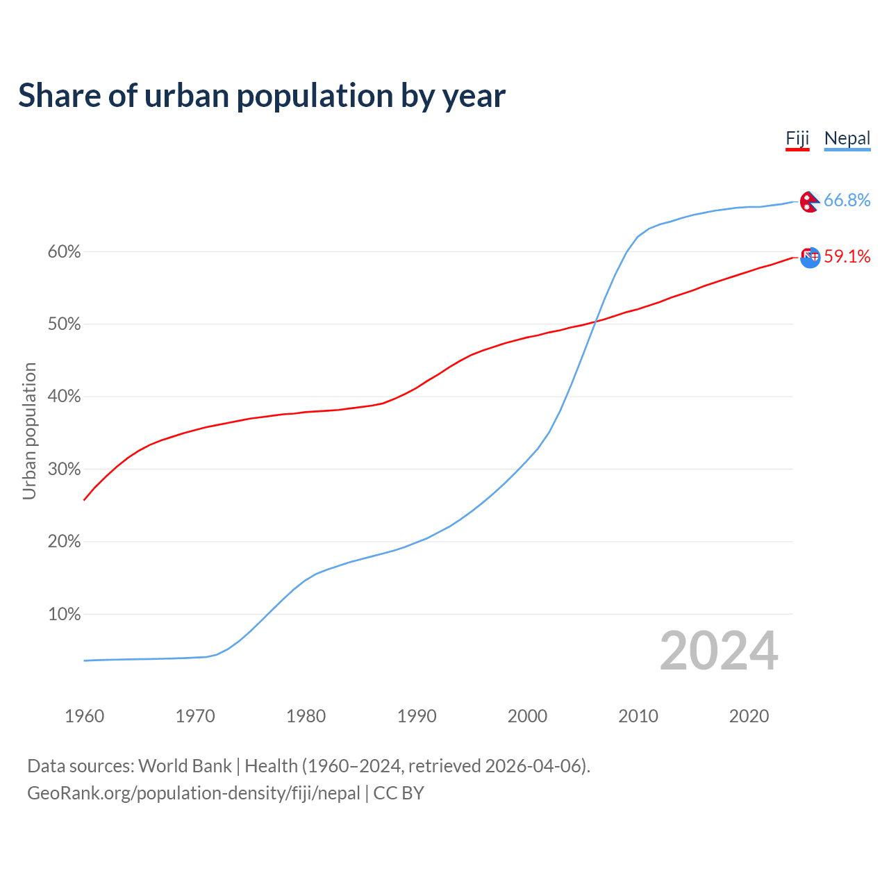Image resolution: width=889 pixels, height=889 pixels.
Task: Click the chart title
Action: (x=262, y=95)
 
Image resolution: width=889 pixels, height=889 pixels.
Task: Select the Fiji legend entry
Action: (x=797, y=138)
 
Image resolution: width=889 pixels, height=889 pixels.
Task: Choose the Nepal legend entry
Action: (x=847, y=138)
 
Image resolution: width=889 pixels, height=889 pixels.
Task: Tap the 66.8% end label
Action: (x=847, y=200)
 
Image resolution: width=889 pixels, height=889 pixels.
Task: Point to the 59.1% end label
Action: (x=847, y=256)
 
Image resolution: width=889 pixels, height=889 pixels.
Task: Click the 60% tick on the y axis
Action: (x=64, y=251)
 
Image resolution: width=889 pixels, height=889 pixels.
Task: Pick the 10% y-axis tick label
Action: (x=64, y=614)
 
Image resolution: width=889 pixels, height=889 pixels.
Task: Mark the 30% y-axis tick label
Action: (x=64, y=469)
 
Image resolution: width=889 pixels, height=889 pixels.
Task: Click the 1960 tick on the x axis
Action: (x=84, y=716)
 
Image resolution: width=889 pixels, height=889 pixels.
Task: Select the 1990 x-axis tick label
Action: (x=417, y=716)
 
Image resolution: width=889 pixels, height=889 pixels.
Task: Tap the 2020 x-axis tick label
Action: (x=749, y=716)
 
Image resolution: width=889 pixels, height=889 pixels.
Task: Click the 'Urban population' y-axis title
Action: (x=29, y=431)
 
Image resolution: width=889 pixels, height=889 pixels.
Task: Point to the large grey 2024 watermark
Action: (x=719, y=651)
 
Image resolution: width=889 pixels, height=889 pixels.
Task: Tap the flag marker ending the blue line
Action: (x=809, y=201)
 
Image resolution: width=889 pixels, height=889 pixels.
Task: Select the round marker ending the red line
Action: (x=810, y=257)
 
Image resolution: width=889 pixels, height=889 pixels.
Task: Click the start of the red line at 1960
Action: (x=85, y=499)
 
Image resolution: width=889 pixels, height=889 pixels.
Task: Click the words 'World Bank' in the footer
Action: (x=185, y=766)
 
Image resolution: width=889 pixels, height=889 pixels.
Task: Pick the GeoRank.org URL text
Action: (x=194, y=793)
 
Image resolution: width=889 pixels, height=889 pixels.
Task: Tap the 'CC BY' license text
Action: (x=399, y=793)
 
